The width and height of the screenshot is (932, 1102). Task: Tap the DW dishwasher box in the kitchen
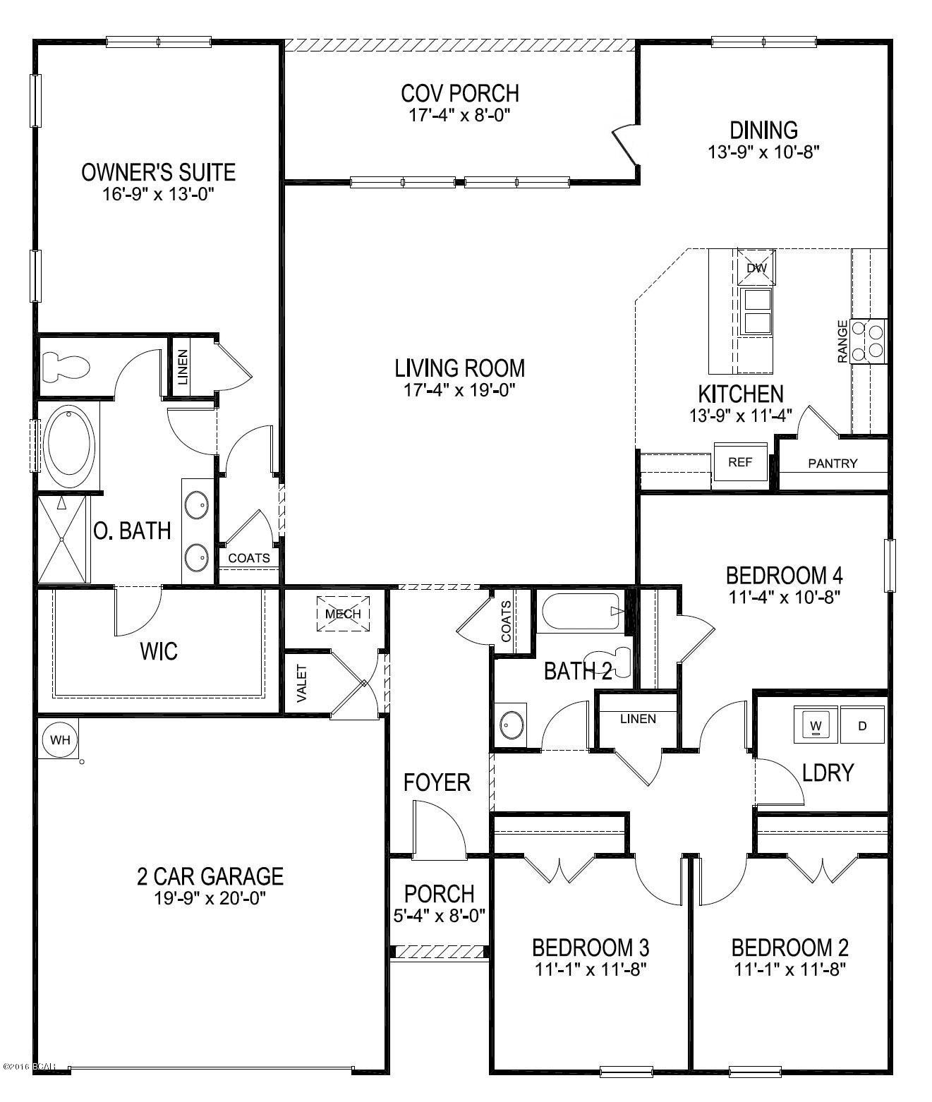point(756,268)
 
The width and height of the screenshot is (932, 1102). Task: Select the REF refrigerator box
point(740,463)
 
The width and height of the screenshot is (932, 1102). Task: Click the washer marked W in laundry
point(816,726)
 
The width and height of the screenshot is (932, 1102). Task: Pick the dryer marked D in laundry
point(861,726)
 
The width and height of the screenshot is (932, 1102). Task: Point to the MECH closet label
point(343,613)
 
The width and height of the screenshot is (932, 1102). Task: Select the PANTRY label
point(833,464)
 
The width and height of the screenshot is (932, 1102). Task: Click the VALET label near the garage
point(302,683)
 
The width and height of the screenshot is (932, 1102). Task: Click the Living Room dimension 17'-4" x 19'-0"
point(459,389)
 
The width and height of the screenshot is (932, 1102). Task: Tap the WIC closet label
point(159,650)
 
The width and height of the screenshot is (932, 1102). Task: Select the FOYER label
point(437,782)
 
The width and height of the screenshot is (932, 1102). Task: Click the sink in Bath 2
point(510,724)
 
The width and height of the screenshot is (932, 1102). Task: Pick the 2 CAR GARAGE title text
point(210,876)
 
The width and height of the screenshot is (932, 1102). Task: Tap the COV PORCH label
point(459,93)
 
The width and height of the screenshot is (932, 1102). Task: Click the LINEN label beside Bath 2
point(638,719)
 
